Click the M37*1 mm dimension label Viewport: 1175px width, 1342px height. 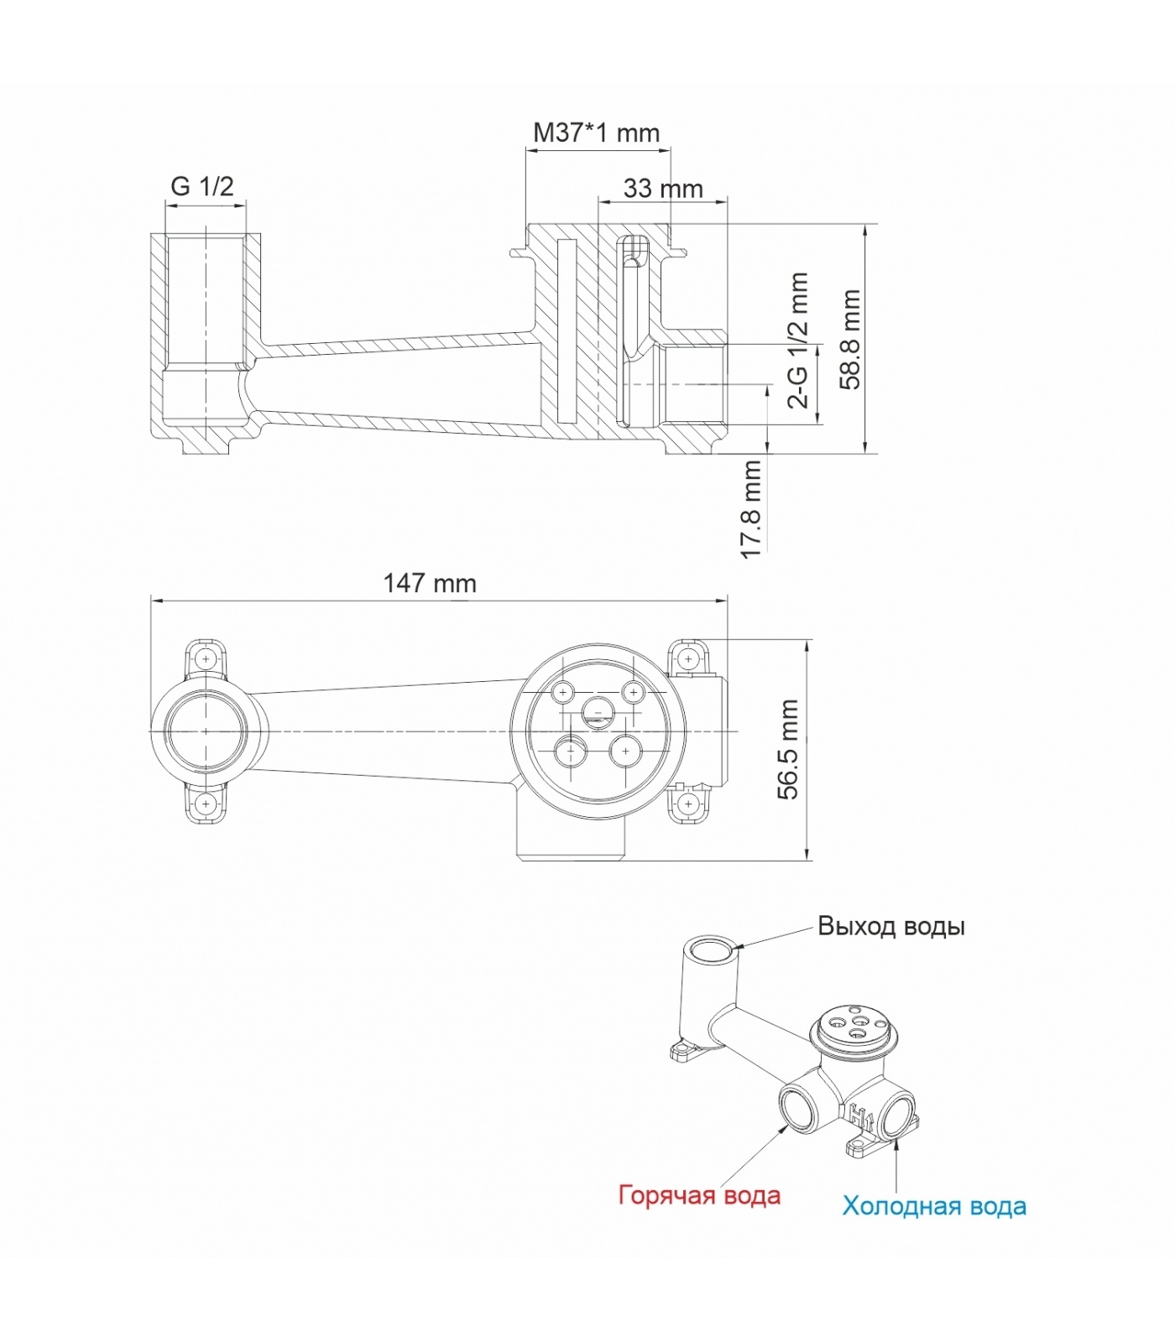[596, 133]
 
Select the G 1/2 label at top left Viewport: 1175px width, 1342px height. [202, 186]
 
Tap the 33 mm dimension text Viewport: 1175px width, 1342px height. [663, 189]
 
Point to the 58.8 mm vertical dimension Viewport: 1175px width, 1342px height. [851, 339]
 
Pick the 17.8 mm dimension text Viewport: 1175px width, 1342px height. [751, 508]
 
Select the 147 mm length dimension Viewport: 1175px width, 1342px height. [430, 583]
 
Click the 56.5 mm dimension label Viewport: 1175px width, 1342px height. [788, 749]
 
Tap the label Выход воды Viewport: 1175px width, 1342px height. [890, 927]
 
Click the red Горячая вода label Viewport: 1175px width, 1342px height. [699, 1195]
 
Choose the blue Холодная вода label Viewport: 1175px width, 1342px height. [934, 1206]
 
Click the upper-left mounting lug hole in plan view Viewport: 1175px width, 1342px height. [206, 659]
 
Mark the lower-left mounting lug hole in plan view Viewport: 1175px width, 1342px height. [206, 805]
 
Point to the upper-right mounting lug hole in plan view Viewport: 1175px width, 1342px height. [688, 659]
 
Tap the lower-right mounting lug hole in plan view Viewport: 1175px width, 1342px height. [688, 804]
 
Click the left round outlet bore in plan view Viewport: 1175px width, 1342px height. [206, 731]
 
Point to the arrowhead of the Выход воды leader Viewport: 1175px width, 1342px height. [738, 948]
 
